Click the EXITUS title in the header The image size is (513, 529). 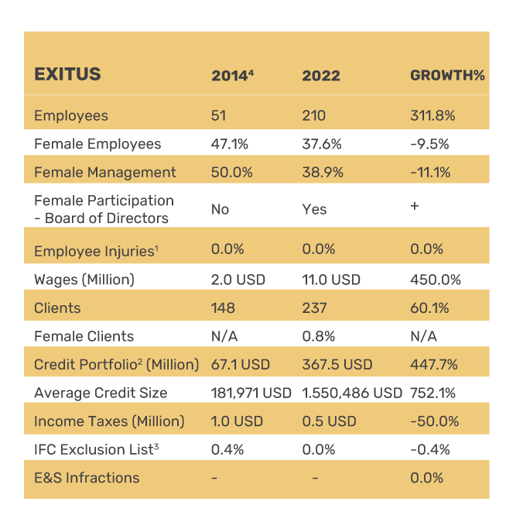click(x=67, y=74)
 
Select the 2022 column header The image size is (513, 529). click(x=321, y=76)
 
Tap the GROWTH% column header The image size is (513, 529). click(x=446, y=76)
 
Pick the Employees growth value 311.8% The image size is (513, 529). click(x=433, y=116)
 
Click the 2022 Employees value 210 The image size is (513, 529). click(x=313, y=116)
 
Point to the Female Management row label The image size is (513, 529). click(x=105, y=172)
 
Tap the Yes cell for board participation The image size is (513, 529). click(x=314, y=209)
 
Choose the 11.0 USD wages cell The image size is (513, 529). click(x=331, y=280)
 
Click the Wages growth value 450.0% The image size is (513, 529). click(x=435, y=280)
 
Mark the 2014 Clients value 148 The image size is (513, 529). click(x=223, y=307)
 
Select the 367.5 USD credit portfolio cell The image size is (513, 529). click(x=337, y=364)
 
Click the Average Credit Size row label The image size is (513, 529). click(x=101, y=393)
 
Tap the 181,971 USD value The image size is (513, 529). click(x=251, y=393)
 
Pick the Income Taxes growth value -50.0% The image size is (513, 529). click(x=434, y=421)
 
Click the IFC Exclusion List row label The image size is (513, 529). click(x=97, y=449)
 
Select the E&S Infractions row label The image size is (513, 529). click(x=87, y=478)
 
